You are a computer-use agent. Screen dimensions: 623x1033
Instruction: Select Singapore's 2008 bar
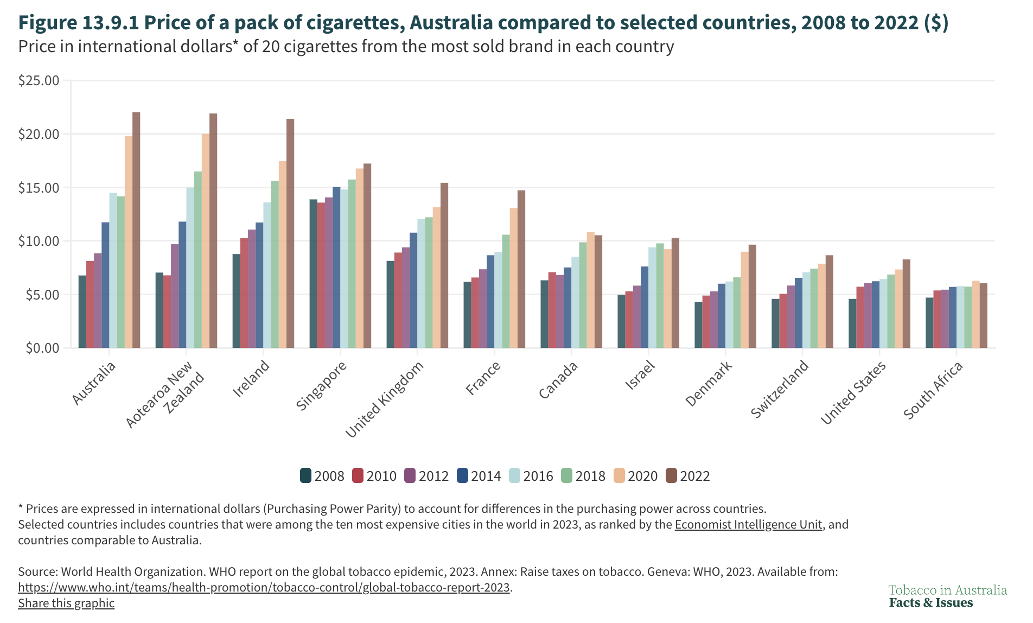pyautogui.click(x=313, y=274)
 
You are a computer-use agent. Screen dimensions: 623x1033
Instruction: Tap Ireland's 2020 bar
pyautogui.click(x=283, y=255)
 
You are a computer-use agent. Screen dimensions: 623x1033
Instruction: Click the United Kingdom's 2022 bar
pyautogui.click(x=444, y=265)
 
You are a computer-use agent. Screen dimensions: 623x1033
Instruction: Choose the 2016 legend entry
pyautogui.click(x=531, y=476)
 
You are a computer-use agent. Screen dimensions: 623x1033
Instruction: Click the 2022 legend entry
pyautogui.click(x=687, y=476)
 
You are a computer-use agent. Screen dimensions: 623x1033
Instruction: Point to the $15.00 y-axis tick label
pyautogui.click(x=39, y=188)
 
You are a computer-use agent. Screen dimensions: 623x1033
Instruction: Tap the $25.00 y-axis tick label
pyautogui.click(x=39, y=81)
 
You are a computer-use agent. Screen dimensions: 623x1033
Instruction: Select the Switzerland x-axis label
pyautogui.click(x=780, y=389)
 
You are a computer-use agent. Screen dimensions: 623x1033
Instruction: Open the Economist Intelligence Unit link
pyautogui.click(x=748, y=525)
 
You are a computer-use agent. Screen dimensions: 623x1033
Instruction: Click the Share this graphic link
pyautogui.click(x=66, y=603)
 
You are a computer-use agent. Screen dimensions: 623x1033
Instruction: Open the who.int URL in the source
pyautogui.click(x=264, y=588)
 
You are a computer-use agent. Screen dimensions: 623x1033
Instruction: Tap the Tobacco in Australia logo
pyautogui.click(x=947, y=596)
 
